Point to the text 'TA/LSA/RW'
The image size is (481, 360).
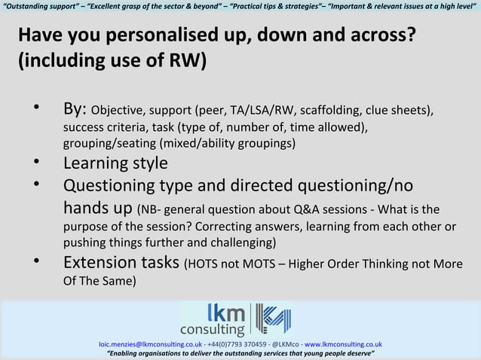(262, 111)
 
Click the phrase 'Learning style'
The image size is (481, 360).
(115, 163)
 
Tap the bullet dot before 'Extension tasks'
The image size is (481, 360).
(35, 261)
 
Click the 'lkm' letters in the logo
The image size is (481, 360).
(225, 313)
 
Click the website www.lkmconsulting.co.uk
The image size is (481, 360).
(343, 344)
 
